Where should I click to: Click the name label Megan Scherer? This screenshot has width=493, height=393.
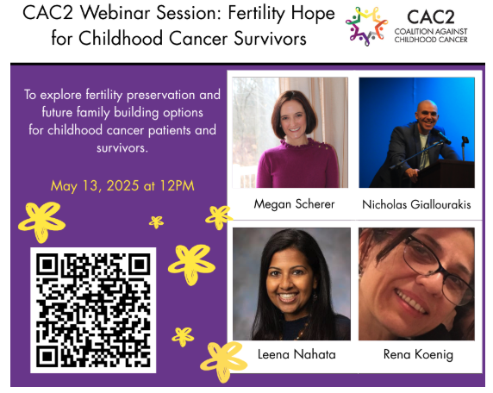coord(294,204)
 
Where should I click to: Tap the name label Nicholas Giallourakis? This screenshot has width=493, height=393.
coord(416,204)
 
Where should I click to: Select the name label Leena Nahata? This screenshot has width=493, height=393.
coord(296,354)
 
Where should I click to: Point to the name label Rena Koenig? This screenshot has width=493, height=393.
coord(418,354)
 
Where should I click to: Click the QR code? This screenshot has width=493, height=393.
coord(93,310)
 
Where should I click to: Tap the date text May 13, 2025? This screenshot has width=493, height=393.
coord(95,186)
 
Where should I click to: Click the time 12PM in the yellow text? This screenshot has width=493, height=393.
coord(177,185)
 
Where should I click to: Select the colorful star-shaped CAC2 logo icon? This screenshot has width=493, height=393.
coord(366,26)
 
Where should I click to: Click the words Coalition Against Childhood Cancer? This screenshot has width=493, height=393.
coord(431,35)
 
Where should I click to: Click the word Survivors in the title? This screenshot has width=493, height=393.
coord(270,39)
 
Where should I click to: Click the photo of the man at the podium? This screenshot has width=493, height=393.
coord(416,133)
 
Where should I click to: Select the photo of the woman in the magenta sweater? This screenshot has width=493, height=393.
coord(290,133)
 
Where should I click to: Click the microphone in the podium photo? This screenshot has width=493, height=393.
coord(444,137)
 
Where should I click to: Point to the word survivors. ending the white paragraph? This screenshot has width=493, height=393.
coord(122,147)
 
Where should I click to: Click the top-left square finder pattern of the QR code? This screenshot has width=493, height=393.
coord(47,265)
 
